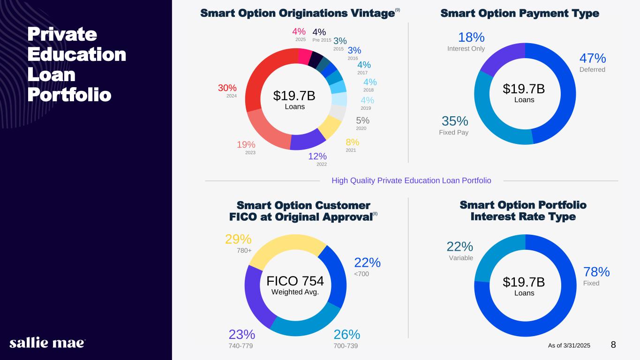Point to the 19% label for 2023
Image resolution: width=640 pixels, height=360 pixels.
pyautogui.click(x=246, y=144)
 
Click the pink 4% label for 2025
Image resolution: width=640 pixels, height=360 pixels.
pyautogui.click(x=299, y=32)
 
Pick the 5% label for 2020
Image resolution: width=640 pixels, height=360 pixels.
pyautogui.click(x=362, y=120)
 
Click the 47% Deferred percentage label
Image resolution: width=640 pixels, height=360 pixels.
pyautogui.click(x=593, y=59)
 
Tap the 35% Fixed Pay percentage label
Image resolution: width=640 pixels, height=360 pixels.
pyautogui.click(x=455, y=121)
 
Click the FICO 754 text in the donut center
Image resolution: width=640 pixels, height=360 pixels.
pyautogui.click(x=295, y=281)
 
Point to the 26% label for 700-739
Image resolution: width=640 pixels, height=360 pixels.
pyautogui.click(x=347, y=334)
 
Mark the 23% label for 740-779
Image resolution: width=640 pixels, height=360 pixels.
pyautogui.click(x=242, y=334)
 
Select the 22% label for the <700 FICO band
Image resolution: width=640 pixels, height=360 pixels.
pyautogui.click(x=367, y=262)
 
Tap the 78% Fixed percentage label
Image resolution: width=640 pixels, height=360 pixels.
pyautogui.click(x=596, y=272)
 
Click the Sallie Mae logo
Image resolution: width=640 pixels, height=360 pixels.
pyautogui.click(x=47, y=343)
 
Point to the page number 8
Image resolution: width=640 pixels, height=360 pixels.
pyautogui.click(x=613, y=345)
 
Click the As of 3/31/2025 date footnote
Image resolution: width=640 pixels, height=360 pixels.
pyautogui.click(x=569, y=345)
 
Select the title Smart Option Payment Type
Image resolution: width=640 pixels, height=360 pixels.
pyautogui.click(x=520, y=14)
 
